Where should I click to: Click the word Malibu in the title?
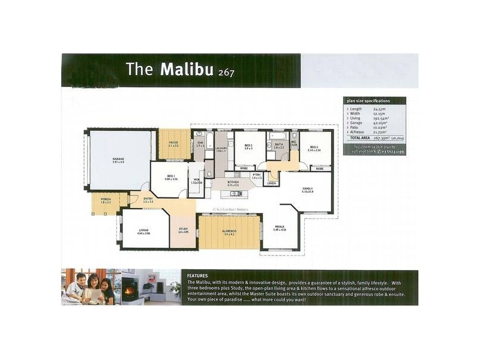[188, 69]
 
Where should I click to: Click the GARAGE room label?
[118, 160]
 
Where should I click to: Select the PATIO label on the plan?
[173, 143]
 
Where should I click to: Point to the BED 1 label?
[171, 176]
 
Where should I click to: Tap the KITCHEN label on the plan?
[233, 182]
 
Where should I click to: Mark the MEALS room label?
[280, 227]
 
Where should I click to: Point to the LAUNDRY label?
[221, 148]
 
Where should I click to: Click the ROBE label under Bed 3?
[320, 169]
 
